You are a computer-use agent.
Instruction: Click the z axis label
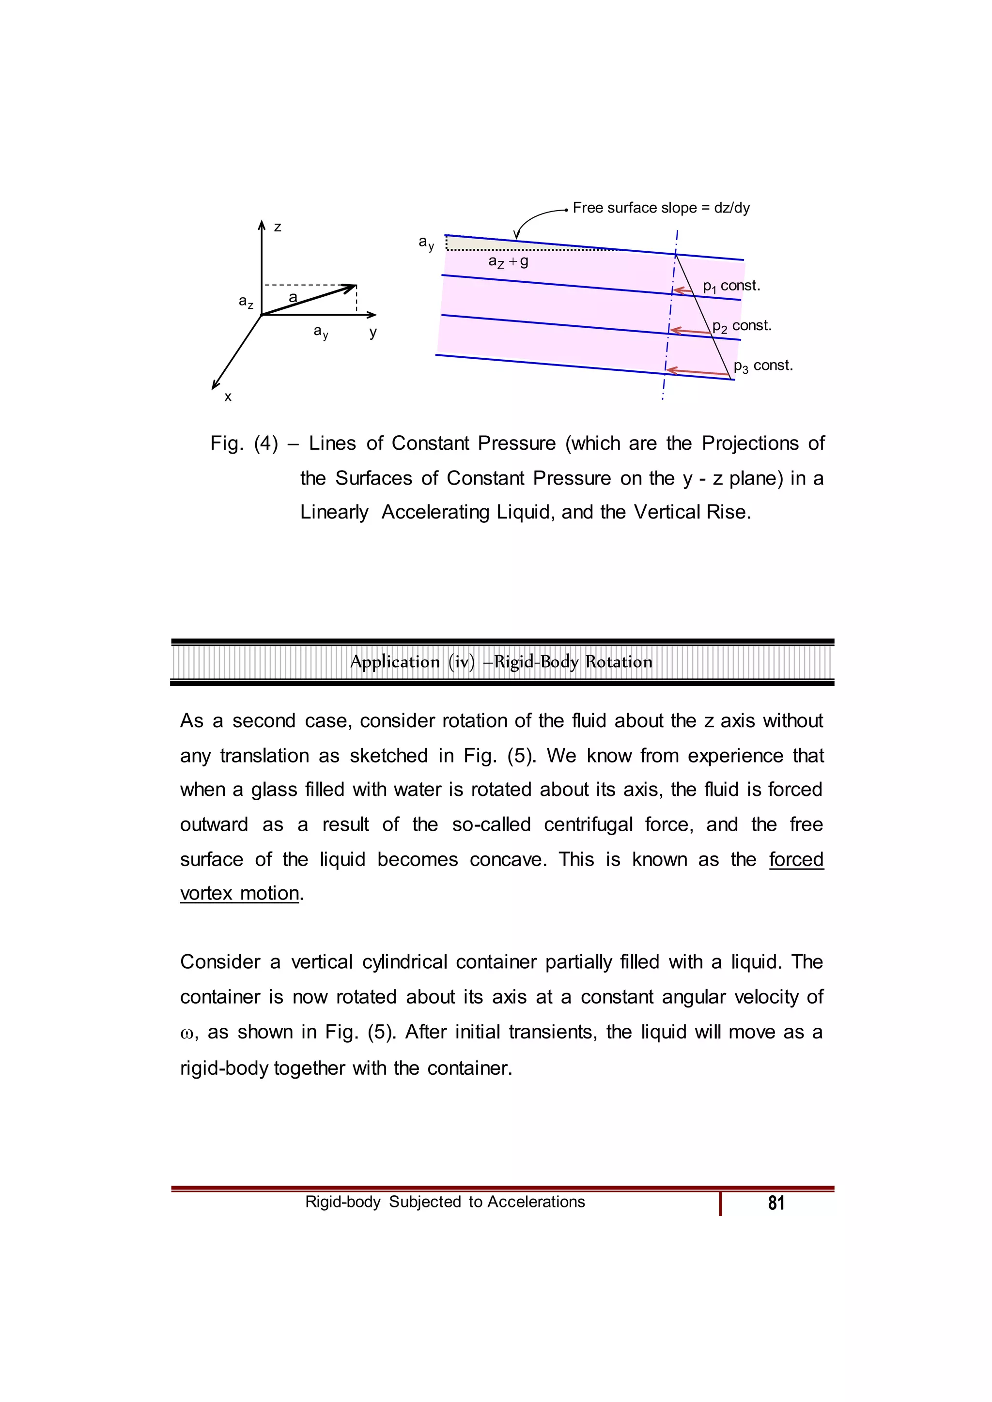tap(278, 227)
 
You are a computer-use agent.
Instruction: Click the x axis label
tap(228, 397)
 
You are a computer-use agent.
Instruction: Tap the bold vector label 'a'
tap(293, 297)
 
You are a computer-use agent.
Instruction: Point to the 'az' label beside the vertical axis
tap(246, 302)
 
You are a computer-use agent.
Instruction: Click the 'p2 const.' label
tap(742, 326)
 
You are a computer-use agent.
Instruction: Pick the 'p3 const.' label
tap(763, 366)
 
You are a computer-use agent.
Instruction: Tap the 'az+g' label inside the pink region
tap(508, 262)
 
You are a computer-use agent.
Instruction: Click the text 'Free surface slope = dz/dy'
tap(661, 208)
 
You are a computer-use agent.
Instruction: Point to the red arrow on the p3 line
tap(697, 371)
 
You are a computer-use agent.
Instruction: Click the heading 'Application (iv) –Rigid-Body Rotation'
tap(501, 662)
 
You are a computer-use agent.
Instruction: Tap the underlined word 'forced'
tap(796, 859)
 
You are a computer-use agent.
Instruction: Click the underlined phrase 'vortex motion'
tap(239, 893)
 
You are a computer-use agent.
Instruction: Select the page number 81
tap(776, 1203)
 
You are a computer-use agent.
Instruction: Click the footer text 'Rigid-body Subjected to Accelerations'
tap(445, 1202)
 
